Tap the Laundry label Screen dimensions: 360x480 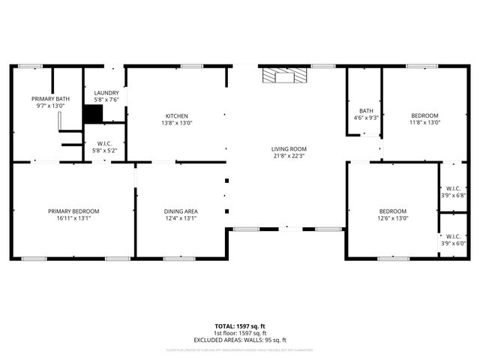[106, 93]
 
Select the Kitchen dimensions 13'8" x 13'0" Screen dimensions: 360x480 [178, 123]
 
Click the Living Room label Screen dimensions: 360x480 [289, 149]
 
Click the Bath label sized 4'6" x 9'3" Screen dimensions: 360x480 [366, 110]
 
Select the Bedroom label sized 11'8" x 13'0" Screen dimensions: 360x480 [424, 115]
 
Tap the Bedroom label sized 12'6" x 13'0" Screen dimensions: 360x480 [392, 211]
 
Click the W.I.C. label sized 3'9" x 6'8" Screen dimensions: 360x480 [453, 188]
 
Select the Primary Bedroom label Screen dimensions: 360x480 [73, 211]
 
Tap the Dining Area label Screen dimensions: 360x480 [180, 211]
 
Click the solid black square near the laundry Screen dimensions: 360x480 [92, 114]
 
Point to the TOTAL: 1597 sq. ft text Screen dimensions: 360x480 [240, 326]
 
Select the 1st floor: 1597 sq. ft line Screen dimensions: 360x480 [240, 333]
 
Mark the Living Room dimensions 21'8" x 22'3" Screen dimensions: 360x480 [289, 157]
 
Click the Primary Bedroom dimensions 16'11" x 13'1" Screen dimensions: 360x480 [73, 218]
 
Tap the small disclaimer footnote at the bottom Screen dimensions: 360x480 [240, 349]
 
